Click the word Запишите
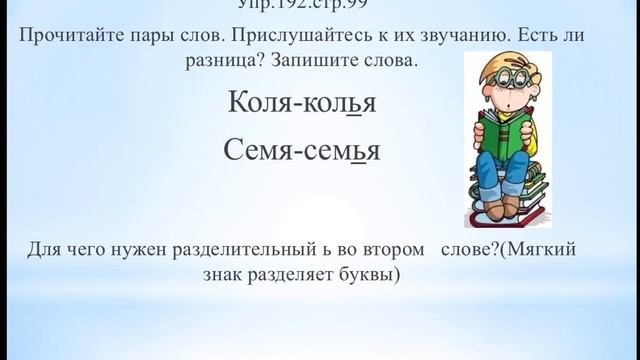point(317,62)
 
